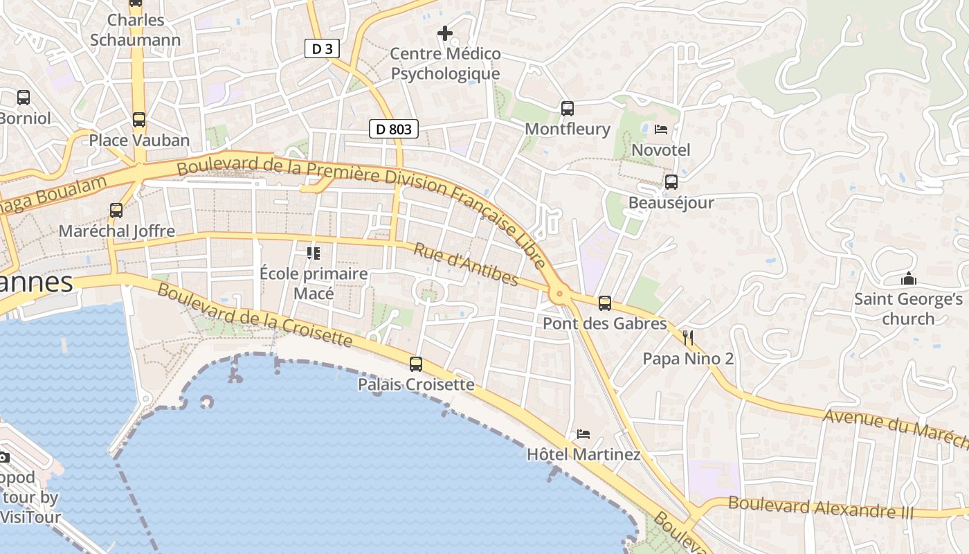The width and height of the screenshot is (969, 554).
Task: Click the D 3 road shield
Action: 322,48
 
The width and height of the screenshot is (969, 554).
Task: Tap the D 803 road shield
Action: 394,129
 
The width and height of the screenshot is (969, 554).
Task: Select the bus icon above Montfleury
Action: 568,109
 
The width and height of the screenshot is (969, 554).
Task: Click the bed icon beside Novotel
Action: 660,129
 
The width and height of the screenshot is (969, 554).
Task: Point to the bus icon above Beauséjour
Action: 671,182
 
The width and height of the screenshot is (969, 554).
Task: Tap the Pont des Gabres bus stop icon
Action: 605,303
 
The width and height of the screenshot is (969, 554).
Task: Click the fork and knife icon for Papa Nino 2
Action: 687,338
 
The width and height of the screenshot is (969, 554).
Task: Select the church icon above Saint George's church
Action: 908,279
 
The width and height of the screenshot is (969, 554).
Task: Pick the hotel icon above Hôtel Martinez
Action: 583,434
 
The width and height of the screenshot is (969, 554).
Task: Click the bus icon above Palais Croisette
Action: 416,364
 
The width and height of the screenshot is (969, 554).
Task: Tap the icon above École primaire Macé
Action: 314,253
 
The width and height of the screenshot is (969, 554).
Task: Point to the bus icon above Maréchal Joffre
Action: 116,211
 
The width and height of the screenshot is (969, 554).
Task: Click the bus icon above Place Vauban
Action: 139,120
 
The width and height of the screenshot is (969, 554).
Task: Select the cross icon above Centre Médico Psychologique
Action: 445,33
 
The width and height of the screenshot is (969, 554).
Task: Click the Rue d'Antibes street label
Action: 465,264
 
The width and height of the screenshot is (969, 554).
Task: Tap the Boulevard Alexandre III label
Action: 820,508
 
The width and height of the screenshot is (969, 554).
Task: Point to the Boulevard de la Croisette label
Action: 255,314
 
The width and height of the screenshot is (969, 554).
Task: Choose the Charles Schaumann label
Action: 136,30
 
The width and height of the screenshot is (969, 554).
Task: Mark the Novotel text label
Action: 660,150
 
